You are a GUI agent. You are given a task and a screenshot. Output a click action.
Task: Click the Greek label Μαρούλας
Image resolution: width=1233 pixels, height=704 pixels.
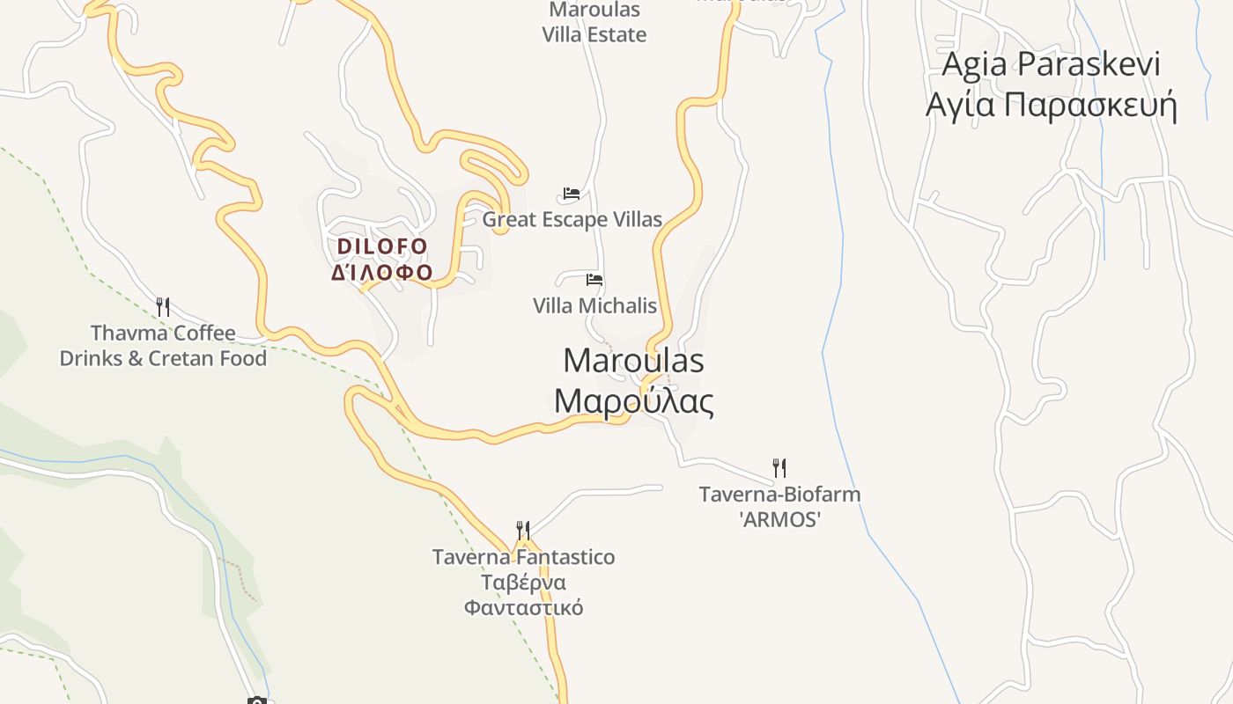[x=633, y=401]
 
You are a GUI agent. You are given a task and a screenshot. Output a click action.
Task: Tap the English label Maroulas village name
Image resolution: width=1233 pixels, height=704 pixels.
[x=633, y=361]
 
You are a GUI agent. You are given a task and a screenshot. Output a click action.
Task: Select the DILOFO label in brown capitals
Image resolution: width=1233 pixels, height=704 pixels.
[x=382, y=246]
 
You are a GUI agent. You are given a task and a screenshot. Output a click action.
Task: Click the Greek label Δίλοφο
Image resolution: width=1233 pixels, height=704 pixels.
[x=382, y=272]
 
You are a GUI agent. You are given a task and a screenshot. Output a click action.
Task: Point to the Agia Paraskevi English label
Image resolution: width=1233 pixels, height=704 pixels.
[x=1052, y=64]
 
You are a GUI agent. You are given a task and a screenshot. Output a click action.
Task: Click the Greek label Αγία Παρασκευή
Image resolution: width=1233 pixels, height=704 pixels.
[x=1052, y=105]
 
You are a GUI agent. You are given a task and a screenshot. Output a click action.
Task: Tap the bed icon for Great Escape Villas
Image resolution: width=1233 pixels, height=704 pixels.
[x=572, y=194]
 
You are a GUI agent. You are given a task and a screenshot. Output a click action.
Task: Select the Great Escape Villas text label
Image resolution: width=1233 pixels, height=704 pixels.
[x=572, y=219]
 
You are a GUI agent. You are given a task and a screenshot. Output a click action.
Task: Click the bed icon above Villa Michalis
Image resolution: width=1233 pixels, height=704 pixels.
[x=594, y=280]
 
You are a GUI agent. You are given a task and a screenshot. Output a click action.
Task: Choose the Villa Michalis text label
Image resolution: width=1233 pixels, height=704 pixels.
[x=594, y=305]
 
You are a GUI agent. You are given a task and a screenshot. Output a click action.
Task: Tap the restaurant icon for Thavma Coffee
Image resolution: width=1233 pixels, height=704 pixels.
[x=163, y=307]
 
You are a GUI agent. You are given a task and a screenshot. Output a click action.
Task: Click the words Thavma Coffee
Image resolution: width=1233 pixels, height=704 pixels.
[x=163, y=334]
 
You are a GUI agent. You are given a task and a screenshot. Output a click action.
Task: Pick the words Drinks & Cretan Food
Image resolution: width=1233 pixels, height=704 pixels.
[x=163, y=359]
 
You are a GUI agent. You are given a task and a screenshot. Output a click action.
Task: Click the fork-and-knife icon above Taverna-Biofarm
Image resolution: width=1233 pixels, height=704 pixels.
[x=779, y=467]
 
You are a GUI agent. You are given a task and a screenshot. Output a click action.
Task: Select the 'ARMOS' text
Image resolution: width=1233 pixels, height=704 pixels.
[x=779, y=519]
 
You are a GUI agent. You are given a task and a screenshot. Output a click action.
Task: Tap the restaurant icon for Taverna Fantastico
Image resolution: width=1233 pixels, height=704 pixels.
[x=523, y=531]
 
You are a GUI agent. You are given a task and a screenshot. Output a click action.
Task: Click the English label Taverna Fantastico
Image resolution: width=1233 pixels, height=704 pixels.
[x=523, y=557]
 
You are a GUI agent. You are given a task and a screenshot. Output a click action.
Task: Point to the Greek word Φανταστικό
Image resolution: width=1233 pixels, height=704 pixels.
[x=523, y=608]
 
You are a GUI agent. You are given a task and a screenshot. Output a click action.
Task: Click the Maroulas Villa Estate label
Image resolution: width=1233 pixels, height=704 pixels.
[x=594, y=23]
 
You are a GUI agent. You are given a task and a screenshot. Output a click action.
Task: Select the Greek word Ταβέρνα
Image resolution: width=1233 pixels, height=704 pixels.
[x=523, y=583]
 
